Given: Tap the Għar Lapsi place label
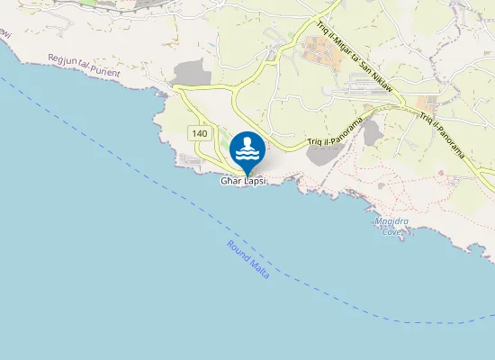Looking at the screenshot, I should coord(245,181).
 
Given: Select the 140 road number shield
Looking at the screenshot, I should coord(200,132).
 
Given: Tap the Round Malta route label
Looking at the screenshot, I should coord(248,258).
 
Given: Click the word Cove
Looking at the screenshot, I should coord(391,232).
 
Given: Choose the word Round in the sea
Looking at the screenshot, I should coord(238,249).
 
